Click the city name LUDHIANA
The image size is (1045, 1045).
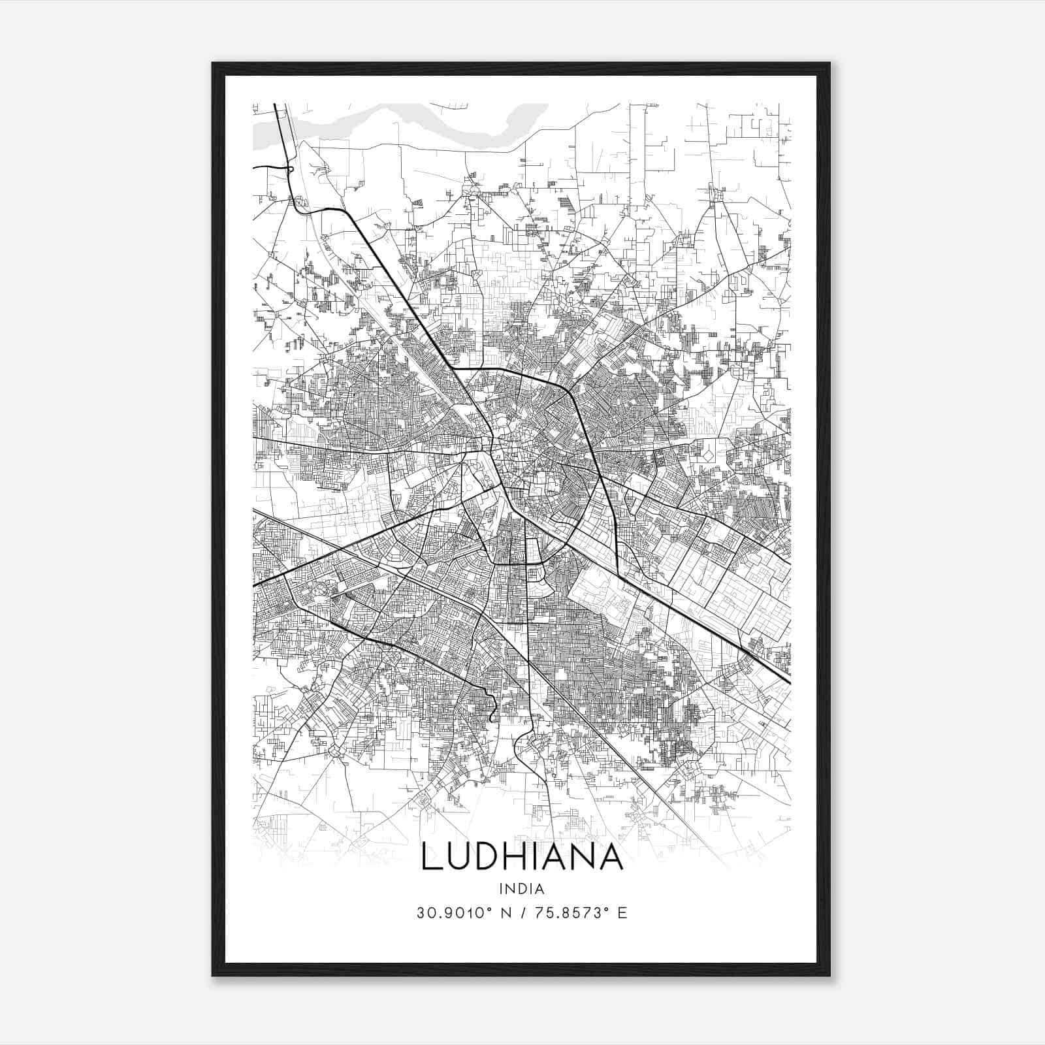(522, 857)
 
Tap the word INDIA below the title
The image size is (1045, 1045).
(522, 889)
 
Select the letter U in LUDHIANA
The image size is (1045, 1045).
(456, 857)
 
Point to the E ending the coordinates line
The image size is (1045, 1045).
(622, 913)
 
